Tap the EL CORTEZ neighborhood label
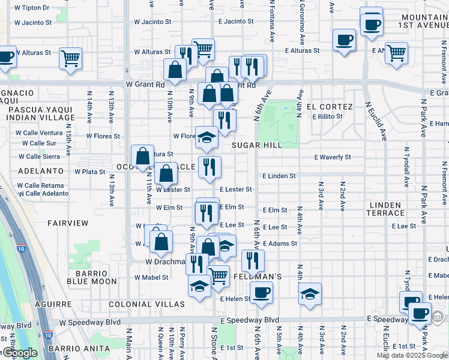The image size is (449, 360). click(x=325, y=106)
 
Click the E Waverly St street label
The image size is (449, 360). click(x=333, y=157)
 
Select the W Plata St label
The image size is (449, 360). click(x=90, y=172)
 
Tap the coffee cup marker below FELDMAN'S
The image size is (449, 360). click(x=261, y=293)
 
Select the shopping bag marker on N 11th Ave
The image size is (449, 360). click(x=143, y=156)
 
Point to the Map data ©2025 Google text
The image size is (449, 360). click(x=412, y=355)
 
